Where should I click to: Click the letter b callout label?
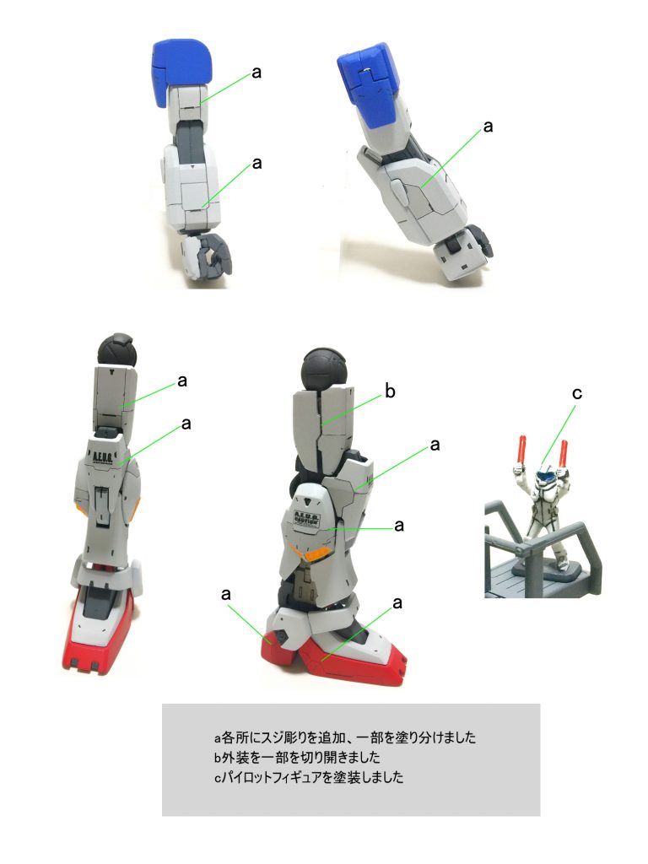[x=390, y=391]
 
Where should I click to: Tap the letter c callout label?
[x=577, y=393]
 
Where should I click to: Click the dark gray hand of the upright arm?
[x=217, y=254]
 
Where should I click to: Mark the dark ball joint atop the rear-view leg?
[x=116, y=351]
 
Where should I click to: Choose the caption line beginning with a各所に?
[x=344, y=737]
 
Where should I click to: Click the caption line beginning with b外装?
[x=297, y=757]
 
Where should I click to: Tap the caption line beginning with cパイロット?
[x=309, y=777]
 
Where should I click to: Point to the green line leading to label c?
[x=558, y=435]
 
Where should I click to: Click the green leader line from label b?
[x=352, y=411]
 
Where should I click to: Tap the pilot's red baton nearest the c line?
[x=563, y=453]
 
